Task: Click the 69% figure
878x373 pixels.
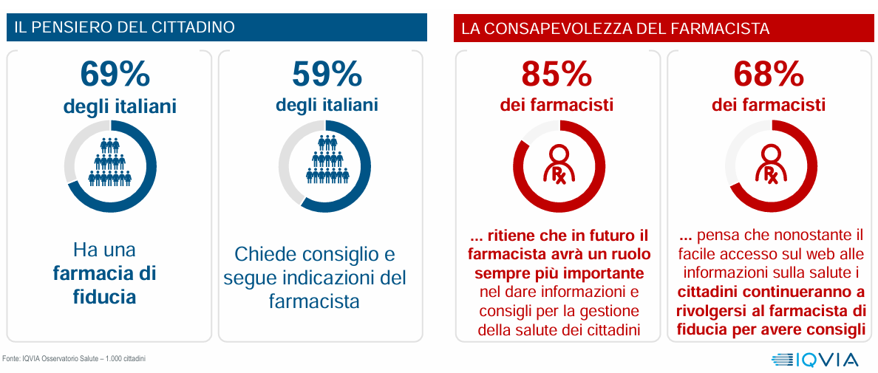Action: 115,75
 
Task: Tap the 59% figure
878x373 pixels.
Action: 327,75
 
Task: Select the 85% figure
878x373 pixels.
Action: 557,75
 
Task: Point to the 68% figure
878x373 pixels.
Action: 769,75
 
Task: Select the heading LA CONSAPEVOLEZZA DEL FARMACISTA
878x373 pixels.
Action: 616,29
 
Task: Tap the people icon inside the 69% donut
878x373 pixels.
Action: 110,160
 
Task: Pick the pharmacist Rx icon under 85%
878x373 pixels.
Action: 559,165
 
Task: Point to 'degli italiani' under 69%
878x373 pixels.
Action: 120,106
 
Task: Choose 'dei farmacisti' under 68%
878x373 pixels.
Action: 769,105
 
